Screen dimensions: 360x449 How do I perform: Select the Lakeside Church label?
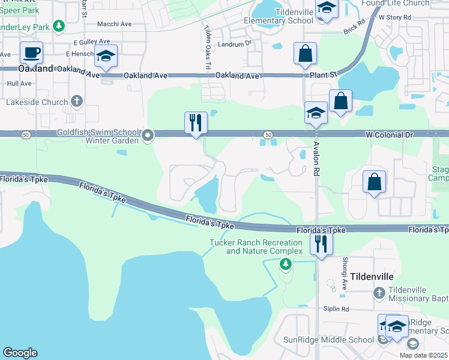click(x=37, y=102)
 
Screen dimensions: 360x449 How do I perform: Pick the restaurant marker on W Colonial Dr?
click(x=196, y=123)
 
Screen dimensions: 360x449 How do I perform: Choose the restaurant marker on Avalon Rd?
click(x=321, y=244)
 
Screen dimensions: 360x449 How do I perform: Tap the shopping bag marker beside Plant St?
click(x=305, y=53)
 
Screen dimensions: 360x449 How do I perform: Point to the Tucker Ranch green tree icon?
click(x=286, y=263)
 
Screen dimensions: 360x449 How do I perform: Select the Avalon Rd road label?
click(x=315, y=158)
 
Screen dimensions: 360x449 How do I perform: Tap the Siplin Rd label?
click(x=336, y=309)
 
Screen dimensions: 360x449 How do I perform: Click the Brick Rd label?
click(x=354, y=29)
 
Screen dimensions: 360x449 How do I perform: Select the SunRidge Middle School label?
click(x=329, y=340)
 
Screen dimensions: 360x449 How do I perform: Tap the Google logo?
click(x=20, y=353)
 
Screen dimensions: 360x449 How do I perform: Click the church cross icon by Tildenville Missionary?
click(x=379, y=293)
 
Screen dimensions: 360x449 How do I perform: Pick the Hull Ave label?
click(x=19, y=83)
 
